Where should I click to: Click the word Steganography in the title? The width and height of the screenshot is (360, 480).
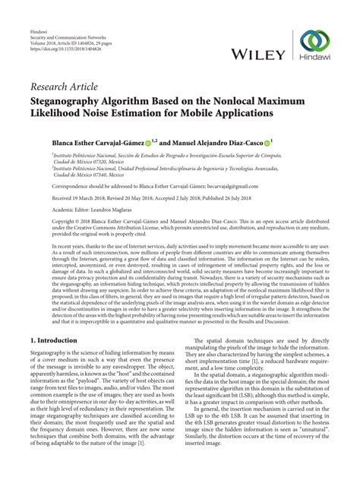(x=74, y=101)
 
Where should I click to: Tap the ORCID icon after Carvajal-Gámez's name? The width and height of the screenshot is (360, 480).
(x=149, y=141)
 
